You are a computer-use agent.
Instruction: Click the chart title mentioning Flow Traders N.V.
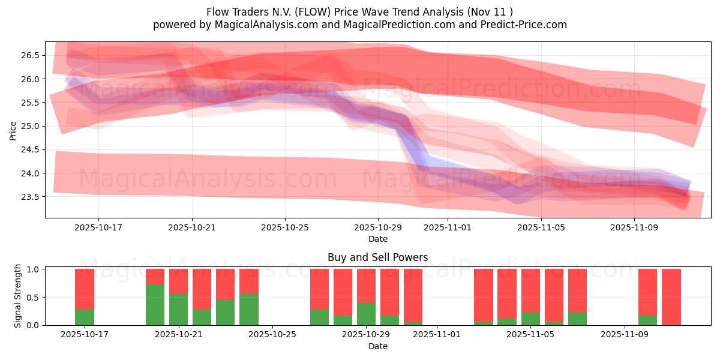[x=359, y=11]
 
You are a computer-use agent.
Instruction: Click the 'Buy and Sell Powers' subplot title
[x=377, y=257]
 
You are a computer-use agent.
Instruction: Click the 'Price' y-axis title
[x=13, y=130]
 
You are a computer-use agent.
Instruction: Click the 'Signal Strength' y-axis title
[x=18, y=296]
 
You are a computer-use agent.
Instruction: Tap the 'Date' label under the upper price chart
[x=377, y=239]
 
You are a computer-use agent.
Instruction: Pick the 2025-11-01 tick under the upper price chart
[x=448, y=228]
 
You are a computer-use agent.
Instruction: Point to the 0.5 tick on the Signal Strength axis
[x=34, y=297]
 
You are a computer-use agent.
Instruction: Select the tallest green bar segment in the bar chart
[x=155, y=305]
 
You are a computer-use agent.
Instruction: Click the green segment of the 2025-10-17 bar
[x=85, y=317]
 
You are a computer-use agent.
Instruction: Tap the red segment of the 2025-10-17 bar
[x=85, y=289]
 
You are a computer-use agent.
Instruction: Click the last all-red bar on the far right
[x=671, y=297]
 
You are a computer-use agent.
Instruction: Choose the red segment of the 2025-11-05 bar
[x=530, y=290]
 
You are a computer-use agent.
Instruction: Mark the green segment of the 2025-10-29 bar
[x=366, y=314]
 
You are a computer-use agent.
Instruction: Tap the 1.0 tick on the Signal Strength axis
[x=34, y=269]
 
